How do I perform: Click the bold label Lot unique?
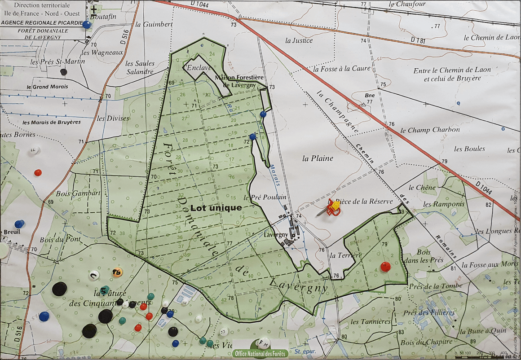pyautogui.click(x=216, y=208)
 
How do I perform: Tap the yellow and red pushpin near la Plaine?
pyautogui.click(x=333, y=207)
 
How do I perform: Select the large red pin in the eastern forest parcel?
pyautogui.click(x=385, y=267)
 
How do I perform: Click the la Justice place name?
pyautogui.click(x=299, y=40)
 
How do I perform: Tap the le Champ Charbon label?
pyautogui.click(x=430, y=130)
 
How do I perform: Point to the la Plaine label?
pyautogui.click(x=318, y=158)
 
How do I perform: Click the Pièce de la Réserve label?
pyautogui.click(x=367, y=201)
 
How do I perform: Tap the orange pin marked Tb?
pyautogui.click(x=117, y=272)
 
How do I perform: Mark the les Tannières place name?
pyautogui.click(x=371, y=321)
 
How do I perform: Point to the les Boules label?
pyautogui.click(x=469, y=149)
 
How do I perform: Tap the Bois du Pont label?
pyautogui.click(x=60, y=240)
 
